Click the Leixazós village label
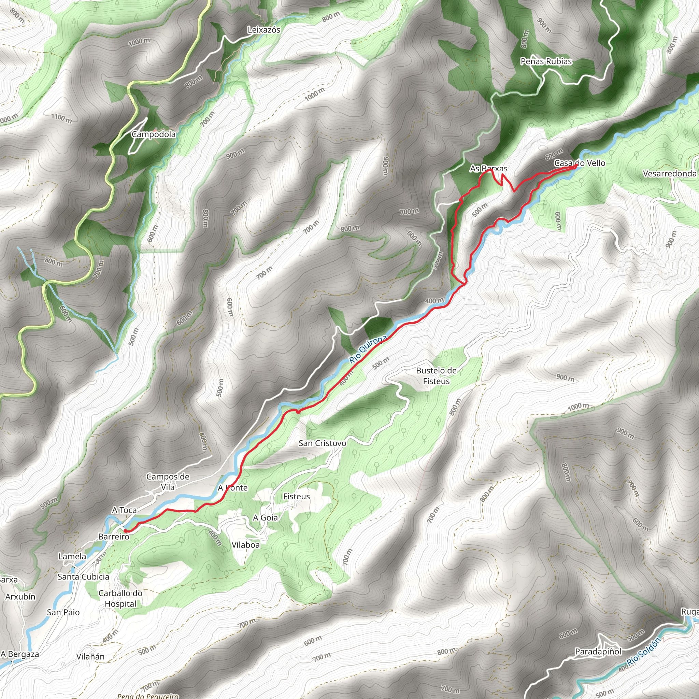pos(264,30)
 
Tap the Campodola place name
pos(154,134)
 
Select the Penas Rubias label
pos(546,61)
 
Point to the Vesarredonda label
pos(669,174)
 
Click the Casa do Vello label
pos(580,163)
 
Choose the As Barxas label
pos(488,169)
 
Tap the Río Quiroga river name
pos(368,349)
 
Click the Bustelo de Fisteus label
pos(436,375)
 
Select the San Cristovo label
pos(322,443)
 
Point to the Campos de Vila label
pos(168,482)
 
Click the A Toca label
pos(124,510)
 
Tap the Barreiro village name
pos(114,537)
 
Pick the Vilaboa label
pos(246,544)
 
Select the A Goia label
pos(265,518)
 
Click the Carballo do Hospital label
pos(120,598)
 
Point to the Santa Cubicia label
pos(83,577)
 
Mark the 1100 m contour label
pos(61,118)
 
